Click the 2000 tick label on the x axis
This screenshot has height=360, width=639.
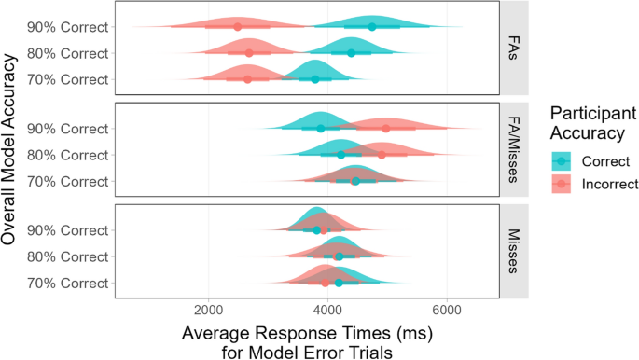click(x=208, y=312)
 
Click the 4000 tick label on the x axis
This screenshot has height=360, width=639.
click(x=327, y=312)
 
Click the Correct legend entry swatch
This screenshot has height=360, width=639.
click(x=561, y=160)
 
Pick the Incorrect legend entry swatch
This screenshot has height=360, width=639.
click(x=561, y=185)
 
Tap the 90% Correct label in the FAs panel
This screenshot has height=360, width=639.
click(x=68, y=27)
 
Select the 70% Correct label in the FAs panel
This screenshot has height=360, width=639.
click(x=68, y=79)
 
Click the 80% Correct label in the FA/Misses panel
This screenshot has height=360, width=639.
click(x=68, y=154)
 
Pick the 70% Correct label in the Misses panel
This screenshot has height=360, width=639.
click(x=68, y=283)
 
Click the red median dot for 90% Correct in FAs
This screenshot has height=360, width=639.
click(x=237, y=27)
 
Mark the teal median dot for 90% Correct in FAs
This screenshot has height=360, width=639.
click(x=372, y=27)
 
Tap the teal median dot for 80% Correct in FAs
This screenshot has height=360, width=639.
click(x=351, y=53)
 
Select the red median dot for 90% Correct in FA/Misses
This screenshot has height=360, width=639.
click(x=386, y=128)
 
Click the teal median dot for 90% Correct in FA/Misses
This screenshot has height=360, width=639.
click(x=321, y=128)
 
